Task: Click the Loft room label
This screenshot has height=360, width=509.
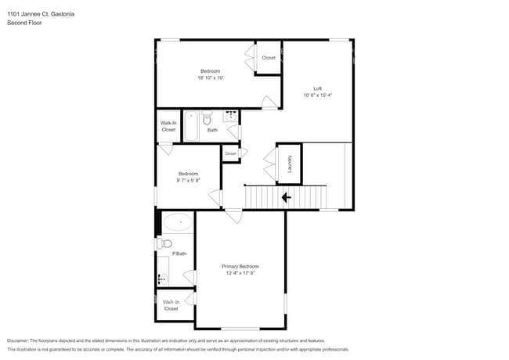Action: (x=317, y=88)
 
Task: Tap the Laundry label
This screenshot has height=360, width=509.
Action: (x=290, y=164)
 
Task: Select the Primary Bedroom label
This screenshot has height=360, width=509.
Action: (x=240, y=267)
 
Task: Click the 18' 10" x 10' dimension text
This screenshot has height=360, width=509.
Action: (x=211, y=78)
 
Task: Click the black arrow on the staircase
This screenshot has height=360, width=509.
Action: (x=286, y=197)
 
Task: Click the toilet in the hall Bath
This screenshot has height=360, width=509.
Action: (x=207, y=120)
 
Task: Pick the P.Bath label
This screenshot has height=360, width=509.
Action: (x=179, y=254)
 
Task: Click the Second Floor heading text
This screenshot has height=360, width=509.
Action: (x=24, y=23)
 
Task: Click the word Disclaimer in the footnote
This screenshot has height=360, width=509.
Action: (x=20, y=340)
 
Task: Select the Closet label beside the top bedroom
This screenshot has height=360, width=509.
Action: (x=269, y=58)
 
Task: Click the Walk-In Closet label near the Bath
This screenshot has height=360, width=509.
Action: (x=168, y=126)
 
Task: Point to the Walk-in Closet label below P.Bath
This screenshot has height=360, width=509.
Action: (x=171, y=305)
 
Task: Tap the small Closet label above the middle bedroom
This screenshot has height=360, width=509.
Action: (x=230, y=153)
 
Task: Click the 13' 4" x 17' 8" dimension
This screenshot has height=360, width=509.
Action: (x=240, y=274)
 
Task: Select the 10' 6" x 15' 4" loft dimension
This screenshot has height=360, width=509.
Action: (x=317, y=95)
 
